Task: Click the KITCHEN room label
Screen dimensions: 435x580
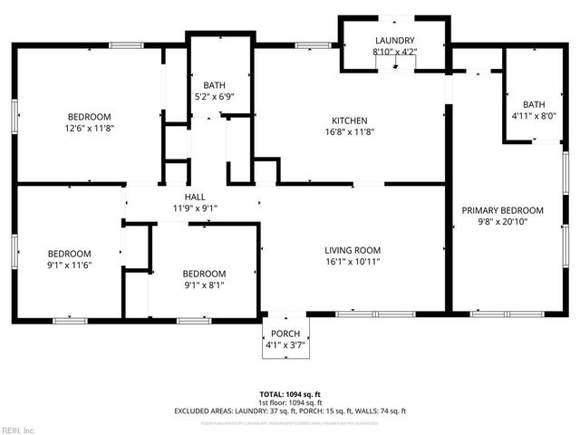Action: pos(349,120)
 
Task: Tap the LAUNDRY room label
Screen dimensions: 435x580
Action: pos(395,41)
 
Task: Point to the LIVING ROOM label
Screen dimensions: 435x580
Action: pos(353,250)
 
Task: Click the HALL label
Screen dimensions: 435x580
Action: pos(195,197)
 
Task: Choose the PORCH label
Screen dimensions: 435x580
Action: pos(285,334)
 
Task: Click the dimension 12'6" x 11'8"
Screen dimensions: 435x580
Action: pos(89,128)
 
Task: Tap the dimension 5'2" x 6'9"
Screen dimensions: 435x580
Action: pos(214,95)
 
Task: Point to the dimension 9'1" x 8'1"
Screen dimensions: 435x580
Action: pos(204,285)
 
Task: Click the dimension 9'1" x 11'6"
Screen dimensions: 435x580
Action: pos(70,265)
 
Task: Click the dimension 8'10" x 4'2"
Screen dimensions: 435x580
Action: pos(395,52)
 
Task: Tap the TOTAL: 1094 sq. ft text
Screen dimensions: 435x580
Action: pos(290,394)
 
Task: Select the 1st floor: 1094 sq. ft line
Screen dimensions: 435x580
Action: pos(290,402)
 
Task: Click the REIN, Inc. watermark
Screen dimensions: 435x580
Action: pos(18,430)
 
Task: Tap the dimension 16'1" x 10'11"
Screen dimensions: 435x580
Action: pos(353,262)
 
